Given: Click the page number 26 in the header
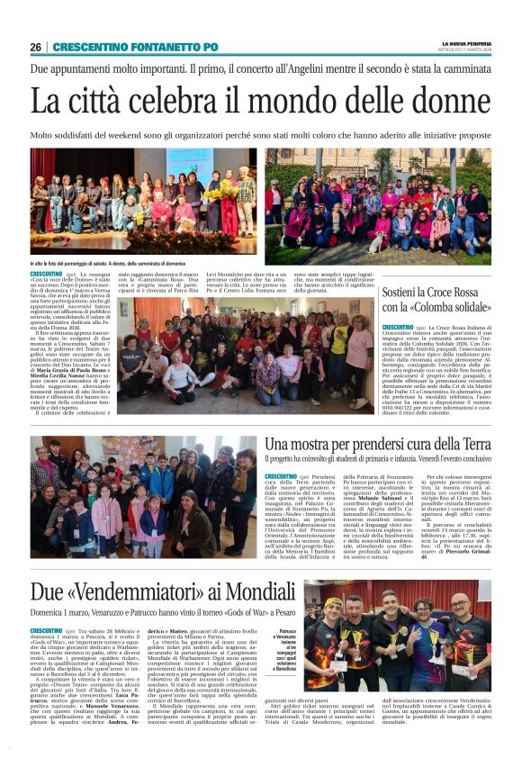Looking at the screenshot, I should (36, 47).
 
